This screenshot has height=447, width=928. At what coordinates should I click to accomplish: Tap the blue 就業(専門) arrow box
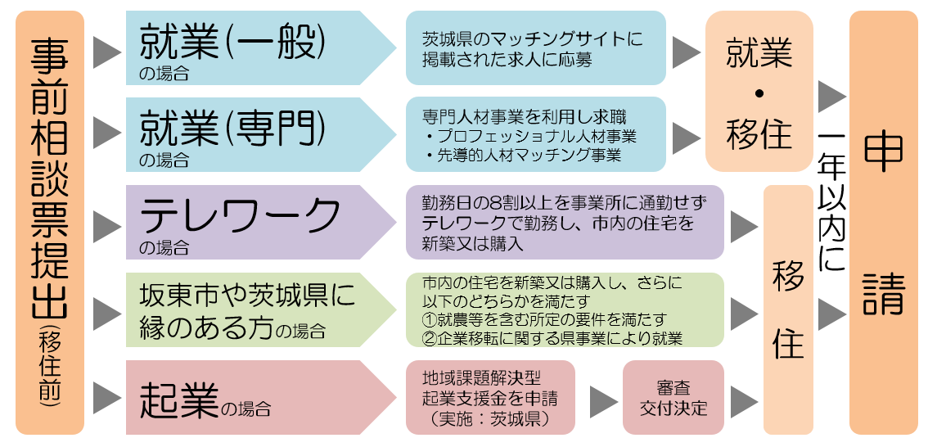click(x=254, y=134)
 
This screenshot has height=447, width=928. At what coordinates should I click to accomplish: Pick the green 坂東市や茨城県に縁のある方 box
click(x=254, y=309)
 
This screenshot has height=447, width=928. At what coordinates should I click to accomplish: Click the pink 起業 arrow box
click(x=254, y=397)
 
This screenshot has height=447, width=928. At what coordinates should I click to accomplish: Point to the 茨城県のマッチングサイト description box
click(x=535, y=48)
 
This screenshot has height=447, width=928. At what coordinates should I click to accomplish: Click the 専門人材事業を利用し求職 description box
click(x=535, y=134)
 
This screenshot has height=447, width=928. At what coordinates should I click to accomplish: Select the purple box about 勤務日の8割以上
click(x=565, y=222)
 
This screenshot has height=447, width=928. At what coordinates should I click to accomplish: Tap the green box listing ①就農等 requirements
click(x=565, y=309)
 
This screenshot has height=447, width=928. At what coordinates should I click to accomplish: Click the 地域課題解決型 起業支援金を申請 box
click(x=491, y=398)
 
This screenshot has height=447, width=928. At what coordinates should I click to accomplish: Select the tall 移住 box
click(x=788, y=309)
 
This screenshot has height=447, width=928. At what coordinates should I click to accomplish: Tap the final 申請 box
click(x=884, y=221)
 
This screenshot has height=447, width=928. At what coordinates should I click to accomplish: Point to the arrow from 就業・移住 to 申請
click(x=831, y=97)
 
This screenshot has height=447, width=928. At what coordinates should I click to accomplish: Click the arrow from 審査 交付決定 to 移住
click(x=744, y=400)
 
